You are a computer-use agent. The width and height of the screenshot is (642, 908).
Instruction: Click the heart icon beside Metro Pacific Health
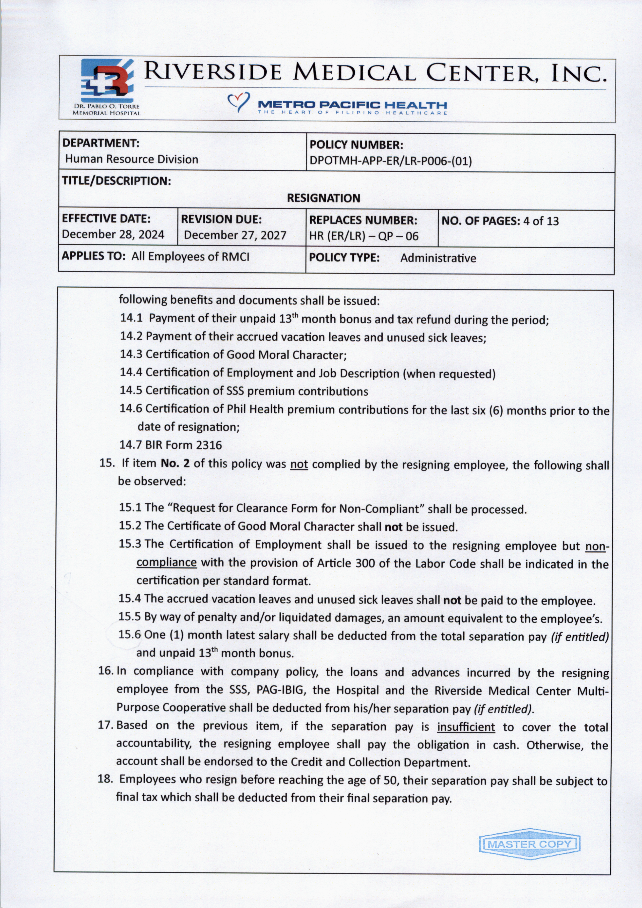click(238, 102)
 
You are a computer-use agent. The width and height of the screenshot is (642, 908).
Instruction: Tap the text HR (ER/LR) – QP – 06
click(364, 236)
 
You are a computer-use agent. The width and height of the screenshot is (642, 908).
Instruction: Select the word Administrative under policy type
click(438, 258)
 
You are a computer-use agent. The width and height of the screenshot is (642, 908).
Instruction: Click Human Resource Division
click(132, 159)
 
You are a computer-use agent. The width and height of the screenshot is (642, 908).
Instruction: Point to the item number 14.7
click(130, 445)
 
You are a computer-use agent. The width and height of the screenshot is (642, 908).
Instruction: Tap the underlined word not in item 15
click(299, 464)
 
